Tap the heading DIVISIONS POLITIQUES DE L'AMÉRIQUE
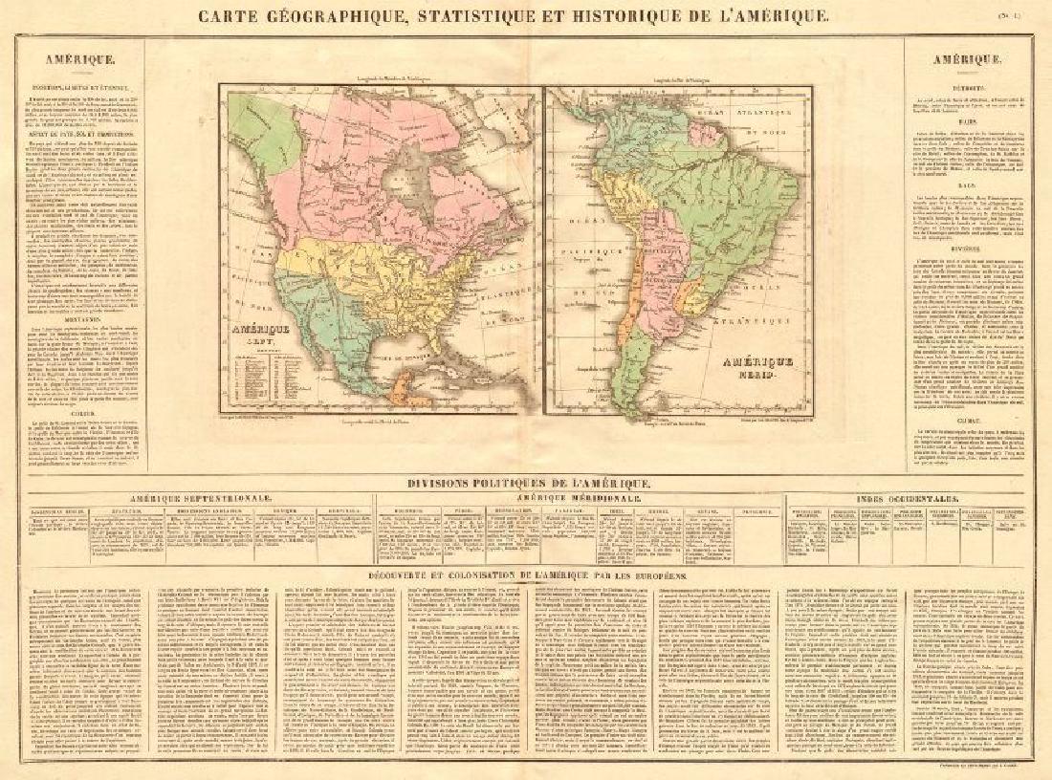(x=525, y=485)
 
